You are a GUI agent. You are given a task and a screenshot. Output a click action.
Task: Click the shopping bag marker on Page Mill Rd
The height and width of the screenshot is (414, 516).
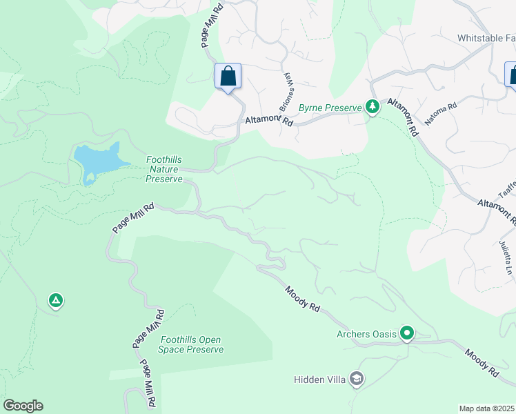pyautogui.click(x=228, y=77)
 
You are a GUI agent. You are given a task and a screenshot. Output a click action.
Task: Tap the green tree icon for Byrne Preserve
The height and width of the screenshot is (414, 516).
pyautogui.click(x=373, y=106)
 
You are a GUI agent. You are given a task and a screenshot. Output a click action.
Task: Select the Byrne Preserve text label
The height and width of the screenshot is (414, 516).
pyautogui.click(x=330, y=108)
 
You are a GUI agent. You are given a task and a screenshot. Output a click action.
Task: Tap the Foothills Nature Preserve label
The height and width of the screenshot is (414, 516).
pyautogui.click(x=163, y=169)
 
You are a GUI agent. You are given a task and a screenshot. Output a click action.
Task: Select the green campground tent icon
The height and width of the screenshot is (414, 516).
pyautogui.click(x=56, y=301)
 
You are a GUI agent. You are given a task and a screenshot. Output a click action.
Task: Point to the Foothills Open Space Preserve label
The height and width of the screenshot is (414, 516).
pyautogui.click(x=192, y=344)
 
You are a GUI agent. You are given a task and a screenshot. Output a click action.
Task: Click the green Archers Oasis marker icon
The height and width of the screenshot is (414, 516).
pyautogui.click(x=407, y=334)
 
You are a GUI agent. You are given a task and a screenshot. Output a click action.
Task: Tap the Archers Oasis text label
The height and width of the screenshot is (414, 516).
pyautogui.click(x=366, y=335)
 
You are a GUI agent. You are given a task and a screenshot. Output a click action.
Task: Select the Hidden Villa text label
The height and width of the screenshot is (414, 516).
pyautogui.click(x=319, y=379)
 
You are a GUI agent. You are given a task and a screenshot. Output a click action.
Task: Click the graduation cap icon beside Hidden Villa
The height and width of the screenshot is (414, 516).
pyautogui.click(x=356, y=378)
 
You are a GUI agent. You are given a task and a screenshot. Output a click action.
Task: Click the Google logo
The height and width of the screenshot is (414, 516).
pyautogui.click(x=23, y=405)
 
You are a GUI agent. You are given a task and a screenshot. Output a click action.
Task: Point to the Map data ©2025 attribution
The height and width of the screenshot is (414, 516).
pyautogui.click(x=486, y=408)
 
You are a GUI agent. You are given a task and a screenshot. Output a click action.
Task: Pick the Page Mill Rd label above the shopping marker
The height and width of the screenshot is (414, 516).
pyautogui.click(x=210, y=24)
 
